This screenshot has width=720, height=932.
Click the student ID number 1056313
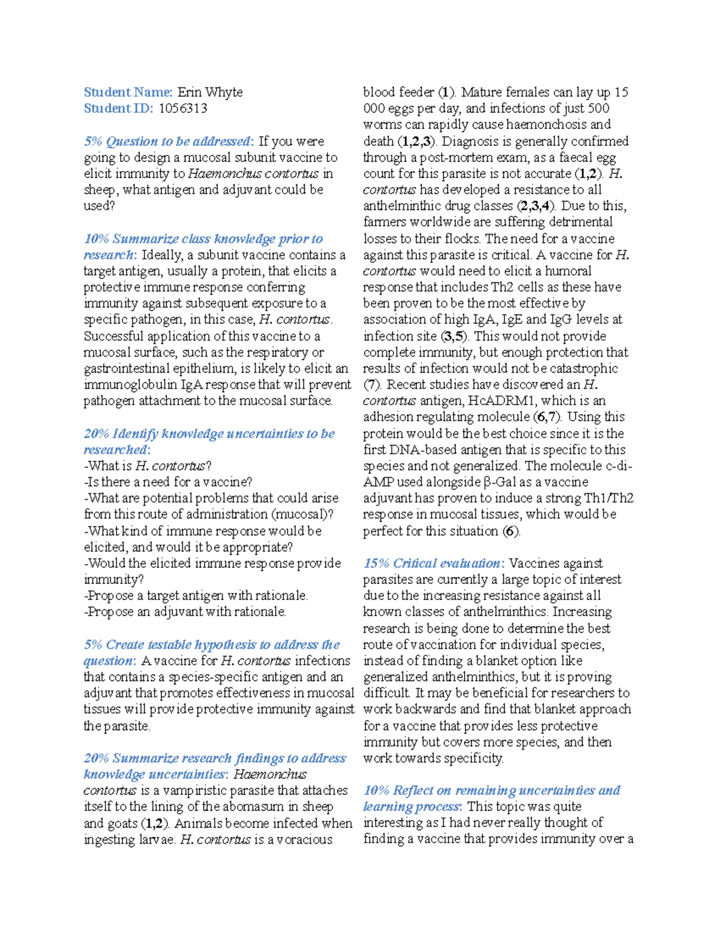[183, 109]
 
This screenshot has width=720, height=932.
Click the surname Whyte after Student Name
[224, 92]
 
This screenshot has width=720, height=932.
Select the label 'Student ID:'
[118, 109]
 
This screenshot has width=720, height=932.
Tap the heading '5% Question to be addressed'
[167, 142]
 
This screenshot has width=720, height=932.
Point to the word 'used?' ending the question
[98, 206]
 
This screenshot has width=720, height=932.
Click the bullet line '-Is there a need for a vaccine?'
[168, 482]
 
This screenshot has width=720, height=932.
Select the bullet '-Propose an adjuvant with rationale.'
[185, 612]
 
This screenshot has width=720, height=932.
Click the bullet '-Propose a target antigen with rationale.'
[196, 596]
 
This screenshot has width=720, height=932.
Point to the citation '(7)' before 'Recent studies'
[372, 385]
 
